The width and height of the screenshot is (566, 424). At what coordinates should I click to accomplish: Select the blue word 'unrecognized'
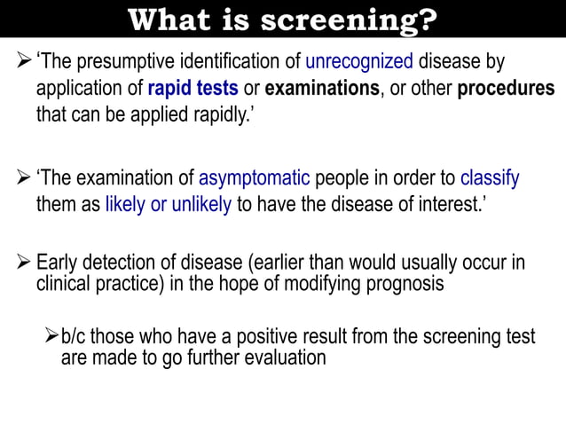point(359,63)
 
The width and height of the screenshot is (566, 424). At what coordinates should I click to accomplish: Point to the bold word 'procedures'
point(506,89)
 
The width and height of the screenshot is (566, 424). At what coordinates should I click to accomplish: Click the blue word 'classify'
point(490,178)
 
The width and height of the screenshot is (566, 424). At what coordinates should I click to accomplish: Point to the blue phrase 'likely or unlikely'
point(168,205)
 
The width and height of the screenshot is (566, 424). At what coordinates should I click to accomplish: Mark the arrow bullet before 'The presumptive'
point(24,62)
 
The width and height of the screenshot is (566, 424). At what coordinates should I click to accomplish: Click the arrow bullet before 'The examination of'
point(24,177)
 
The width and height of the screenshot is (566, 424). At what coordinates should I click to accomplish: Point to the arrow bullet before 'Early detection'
point(24,263)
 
